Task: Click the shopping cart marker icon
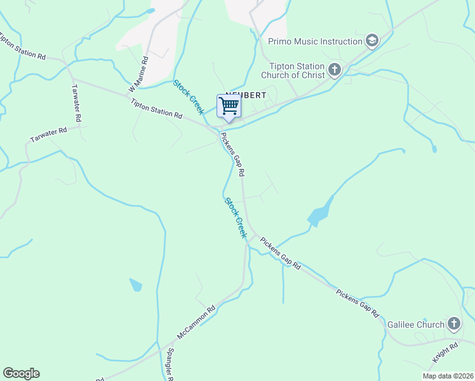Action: [229, 106]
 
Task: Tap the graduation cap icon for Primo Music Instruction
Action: [372, 42]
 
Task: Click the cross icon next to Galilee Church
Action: [453, 324]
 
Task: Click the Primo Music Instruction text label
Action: [315, 42]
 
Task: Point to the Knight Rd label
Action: [445, 353]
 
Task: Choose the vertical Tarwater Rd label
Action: [76, 103]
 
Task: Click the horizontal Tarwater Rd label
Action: [48, 135]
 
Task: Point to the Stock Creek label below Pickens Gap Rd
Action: [235, 218]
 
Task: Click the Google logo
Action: [21, 373]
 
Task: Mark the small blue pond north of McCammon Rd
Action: [136, 284]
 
